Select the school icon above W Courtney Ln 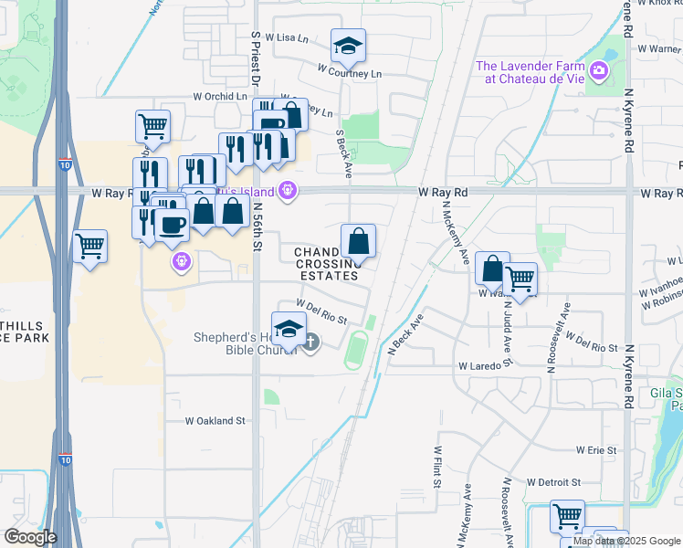[x=348, y=47]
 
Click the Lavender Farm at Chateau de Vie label [x=535, y=71]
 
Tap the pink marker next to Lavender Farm [x=599, y=70]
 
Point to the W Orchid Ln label [x=221, y=96]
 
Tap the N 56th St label [x=258, y=227]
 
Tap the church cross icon [x=310, y=343]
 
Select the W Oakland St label [x=215, y=421]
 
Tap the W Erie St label [x=597, y=450]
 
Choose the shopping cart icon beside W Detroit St [x=567, y=517]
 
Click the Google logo [x=30, y=537]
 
